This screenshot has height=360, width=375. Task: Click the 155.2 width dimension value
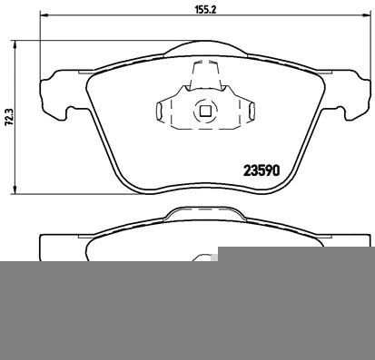point(205,9)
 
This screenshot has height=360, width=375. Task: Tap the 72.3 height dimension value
point(9,117)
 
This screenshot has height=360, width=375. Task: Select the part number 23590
point(262,170)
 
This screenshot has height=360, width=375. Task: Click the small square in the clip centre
point(205,112)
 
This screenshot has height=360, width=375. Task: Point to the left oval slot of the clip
point(159,111)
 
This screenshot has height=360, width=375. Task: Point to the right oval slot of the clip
point(252,111)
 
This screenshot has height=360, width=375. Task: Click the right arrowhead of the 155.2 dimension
point(367,15)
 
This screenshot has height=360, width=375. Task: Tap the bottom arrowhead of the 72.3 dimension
point(15,190)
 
